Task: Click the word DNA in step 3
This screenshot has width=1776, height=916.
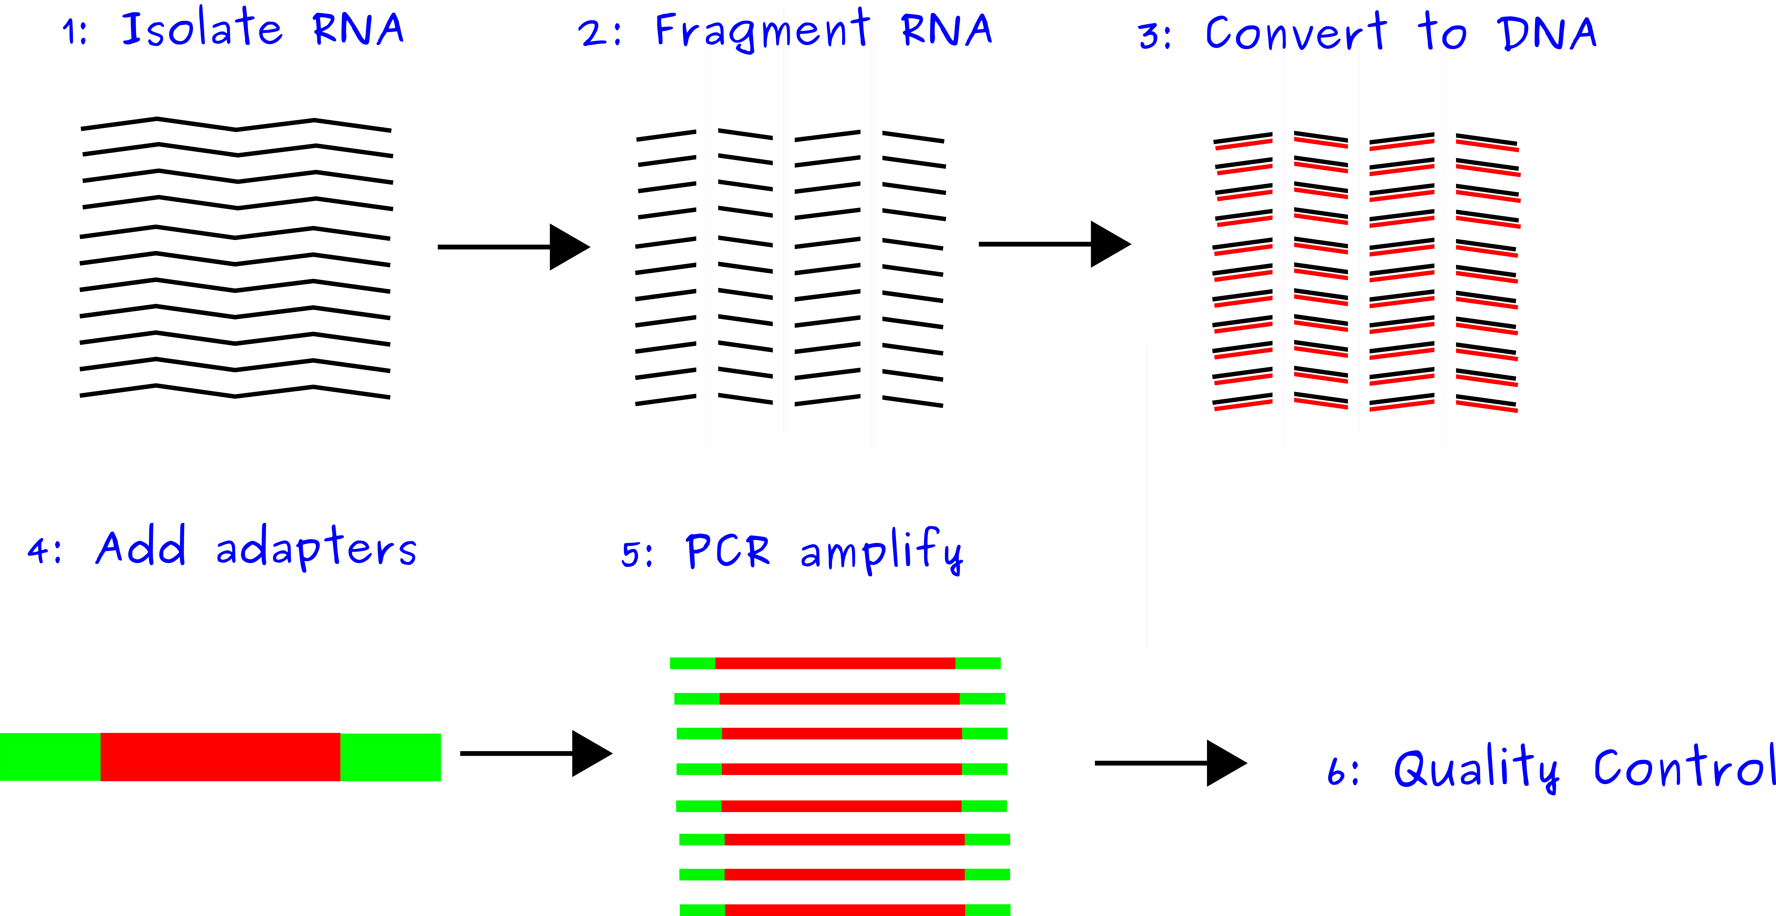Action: pos(1546,33)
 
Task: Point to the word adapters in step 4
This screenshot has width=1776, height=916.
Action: pos(316,548)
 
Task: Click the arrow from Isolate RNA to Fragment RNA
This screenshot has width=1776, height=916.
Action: pos(514,247)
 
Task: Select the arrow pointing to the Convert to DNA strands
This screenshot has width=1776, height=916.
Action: pos(1055,244)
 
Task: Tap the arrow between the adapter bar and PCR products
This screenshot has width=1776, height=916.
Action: pos(536,753)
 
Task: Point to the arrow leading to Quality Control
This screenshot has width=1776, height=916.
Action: pos(1171,763)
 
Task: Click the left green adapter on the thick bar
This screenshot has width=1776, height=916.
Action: pos(50,757)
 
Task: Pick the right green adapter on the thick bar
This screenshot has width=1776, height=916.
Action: pos(390,757)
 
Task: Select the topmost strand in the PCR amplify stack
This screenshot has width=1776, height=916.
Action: pos(835,663)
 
